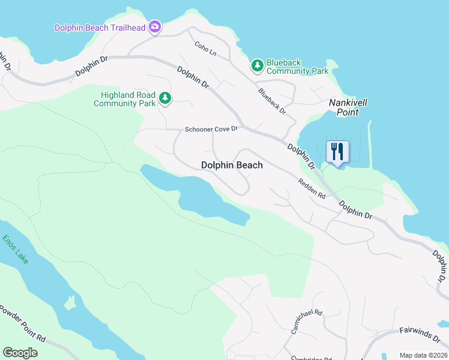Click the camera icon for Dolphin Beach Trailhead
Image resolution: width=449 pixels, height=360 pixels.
click(x=155, y=26)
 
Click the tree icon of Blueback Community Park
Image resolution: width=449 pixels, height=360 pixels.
click(x=257, y=65)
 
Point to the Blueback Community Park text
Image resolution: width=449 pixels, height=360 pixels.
click(x=297, y=67)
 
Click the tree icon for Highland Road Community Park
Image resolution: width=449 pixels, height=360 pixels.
click(x=164, y=97)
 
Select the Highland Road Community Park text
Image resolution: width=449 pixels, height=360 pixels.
click(x=124, y=99)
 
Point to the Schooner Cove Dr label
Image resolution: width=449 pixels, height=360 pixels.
click(x=211, y=129)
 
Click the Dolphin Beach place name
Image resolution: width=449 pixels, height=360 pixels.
click(x=232, y=165)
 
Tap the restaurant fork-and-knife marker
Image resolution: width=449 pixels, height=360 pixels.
click(x=337, y=152)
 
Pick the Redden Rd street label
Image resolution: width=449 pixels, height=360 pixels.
click(x=312, y=188)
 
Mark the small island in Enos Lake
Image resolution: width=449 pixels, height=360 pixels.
click(x=71, y=301)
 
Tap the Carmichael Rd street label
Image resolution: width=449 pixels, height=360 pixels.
click(x=307, y=322)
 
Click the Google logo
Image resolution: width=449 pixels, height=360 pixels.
click(x=20, y=353)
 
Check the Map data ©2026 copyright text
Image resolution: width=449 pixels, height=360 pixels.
click(x=423, y=355)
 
